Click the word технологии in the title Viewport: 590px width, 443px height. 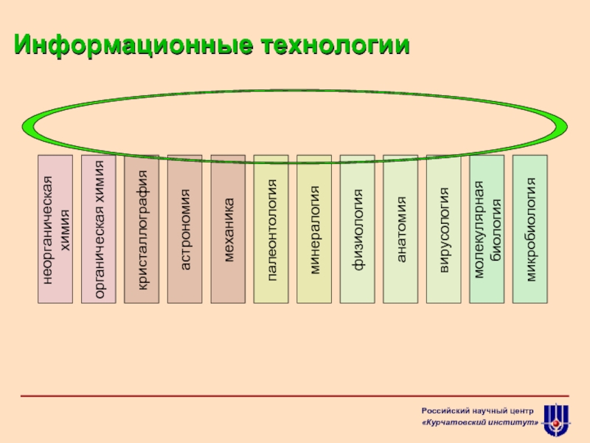[336, 45]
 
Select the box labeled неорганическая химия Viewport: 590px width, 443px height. [55, 229]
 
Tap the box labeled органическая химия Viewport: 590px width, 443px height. [99, 229]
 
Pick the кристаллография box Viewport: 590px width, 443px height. [142, 229]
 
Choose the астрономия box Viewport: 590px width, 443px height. [185, 229]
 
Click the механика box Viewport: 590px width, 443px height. [228, 229]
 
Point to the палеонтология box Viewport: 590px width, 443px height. [271, 229]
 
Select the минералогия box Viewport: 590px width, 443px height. [314, 229]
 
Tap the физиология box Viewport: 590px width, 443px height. [358, 229]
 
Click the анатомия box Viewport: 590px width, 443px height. [400, 229]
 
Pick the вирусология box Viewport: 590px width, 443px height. [444, 229]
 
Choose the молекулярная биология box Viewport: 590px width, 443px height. [487, 229]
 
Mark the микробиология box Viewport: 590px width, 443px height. [530, 229]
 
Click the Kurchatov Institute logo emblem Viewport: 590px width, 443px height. [557, 420]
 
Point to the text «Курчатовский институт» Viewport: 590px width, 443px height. [480, 422]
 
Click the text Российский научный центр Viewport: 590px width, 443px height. [477, 411]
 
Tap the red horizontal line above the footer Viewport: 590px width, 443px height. [294, 396]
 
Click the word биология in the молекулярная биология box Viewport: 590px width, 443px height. [496, 230]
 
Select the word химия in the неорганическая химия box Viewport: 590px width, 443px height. [65, 230]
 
